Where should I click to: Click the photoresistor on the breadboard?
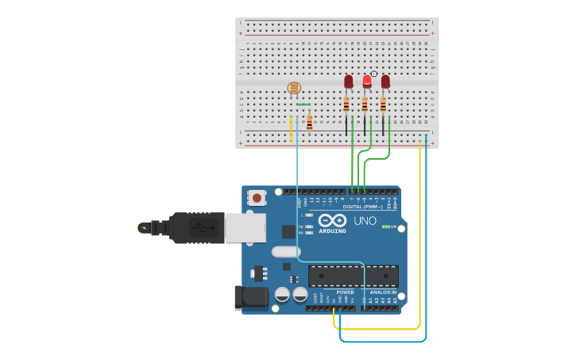[293, 91]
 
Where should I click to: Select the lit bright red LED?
[366, 81]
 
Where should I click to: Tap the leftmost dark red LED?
[348, 81]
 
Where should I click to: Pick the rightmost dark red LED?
[385, 81]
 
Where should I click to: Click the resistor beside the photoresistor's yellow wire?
[309, 122]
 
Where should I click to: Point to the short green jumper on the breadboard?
[303, 104]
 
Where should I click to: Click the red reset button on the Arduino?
[257, 196]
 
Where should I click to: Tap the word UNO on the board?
[365, 220]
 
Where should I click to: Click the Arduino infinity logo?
[332, 220]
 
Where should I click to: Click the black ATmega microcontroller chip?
[353, 275]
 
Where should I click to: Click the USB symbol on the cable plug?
[203, 228]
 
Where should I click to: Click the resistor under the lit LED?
[365, 104]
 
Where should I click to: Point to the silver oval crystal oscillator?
[285, 252]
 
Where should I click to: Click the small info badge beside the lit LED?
[374, 73]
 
